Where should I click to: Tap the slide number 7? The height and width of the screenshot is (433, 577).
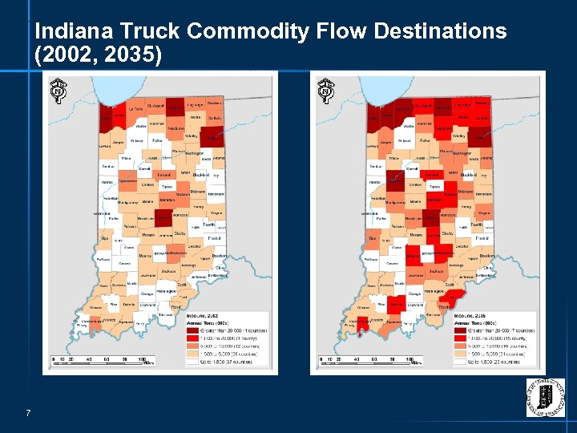point(28,413)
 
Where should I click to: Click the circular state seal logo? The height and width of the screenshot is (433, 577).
point(545,396)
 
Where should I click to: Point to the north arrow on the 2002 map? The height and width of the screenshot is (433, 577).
point(58,90)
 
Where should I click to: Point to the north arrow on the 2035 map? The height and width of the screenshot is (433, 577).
point(327,90)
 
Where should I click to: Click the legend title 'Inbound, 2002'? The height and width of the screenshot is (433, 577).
point(200,317)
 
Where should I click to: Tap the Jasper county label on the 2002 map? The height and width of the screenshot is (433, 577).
point(117,142)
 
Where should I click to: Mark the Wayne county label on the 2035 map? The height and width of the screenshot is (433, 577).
point(483,212)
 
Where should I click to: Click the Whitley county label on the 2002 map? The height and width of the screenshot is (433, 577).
point(191,136)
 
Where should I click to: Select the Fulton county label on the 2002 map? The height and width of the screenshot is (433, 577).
point(156,141)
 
